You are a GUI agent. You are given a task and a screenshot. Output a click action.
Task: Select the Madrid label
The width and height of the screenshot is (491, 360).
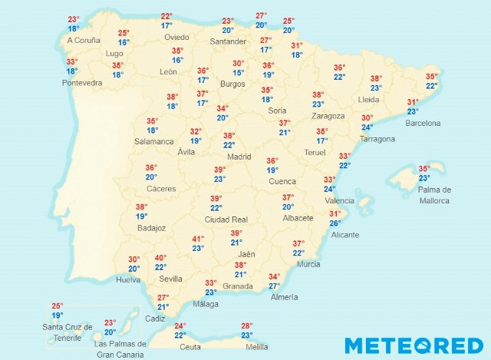click(239, 157)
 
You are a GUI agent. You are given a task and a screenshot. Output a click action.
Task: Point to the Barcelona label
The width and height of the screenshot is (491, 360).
click(423, 123)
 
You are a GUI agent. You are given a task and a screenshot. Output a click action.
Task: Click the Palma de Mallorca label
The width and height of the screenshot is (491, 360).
click(435, 195)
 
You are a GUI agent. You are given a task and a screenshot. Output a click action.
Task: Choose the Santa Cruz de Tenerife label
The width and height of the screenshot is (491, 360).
click(68, 333)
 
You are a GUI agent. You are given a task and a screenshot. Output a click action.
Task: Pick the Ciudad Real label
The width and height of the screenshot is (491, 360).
click(225, 219)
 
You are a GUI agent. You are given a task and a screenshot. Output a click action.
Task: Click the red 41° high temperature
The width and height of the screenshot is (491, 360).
click(198, 239)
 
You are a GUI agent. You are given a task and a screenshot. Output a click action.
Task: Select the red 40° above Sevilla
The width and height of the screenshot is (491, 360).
click(160, 258)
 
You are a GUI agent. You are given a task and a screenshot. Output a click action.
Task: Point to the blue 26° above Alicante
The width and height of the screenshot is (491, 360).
click(335, 223)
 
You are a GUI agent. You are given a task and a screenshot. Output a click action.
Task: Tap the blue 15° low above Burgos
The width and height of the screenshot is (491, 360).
click(239, 73)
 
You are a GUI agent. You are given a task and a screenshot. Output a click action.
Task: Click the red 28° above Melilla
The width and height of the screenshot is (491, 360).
click(247, 326)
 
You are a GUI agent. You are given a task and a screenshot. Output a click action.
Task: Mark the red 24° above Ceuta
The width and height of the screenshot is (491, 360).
click(180, 326)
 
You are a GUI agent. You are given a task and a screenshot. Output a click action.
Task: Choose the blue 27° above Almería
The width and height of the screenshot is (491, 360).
click(274, 286)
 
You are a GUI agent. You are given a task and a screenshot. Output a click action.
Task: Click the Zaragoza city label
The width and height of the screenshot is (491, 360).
click(328, 115)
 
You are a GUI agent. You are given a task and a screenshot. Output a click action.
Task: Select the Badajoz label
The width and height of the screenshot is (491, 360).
click(150, 228)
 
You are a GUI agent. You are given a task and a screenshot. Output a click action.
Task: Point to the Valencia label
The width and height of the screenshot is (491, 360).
click(340, 200)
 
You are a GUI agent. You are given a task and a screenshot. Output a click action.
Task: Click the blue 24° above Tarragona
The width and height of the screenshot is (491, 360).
click(367, 127)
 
